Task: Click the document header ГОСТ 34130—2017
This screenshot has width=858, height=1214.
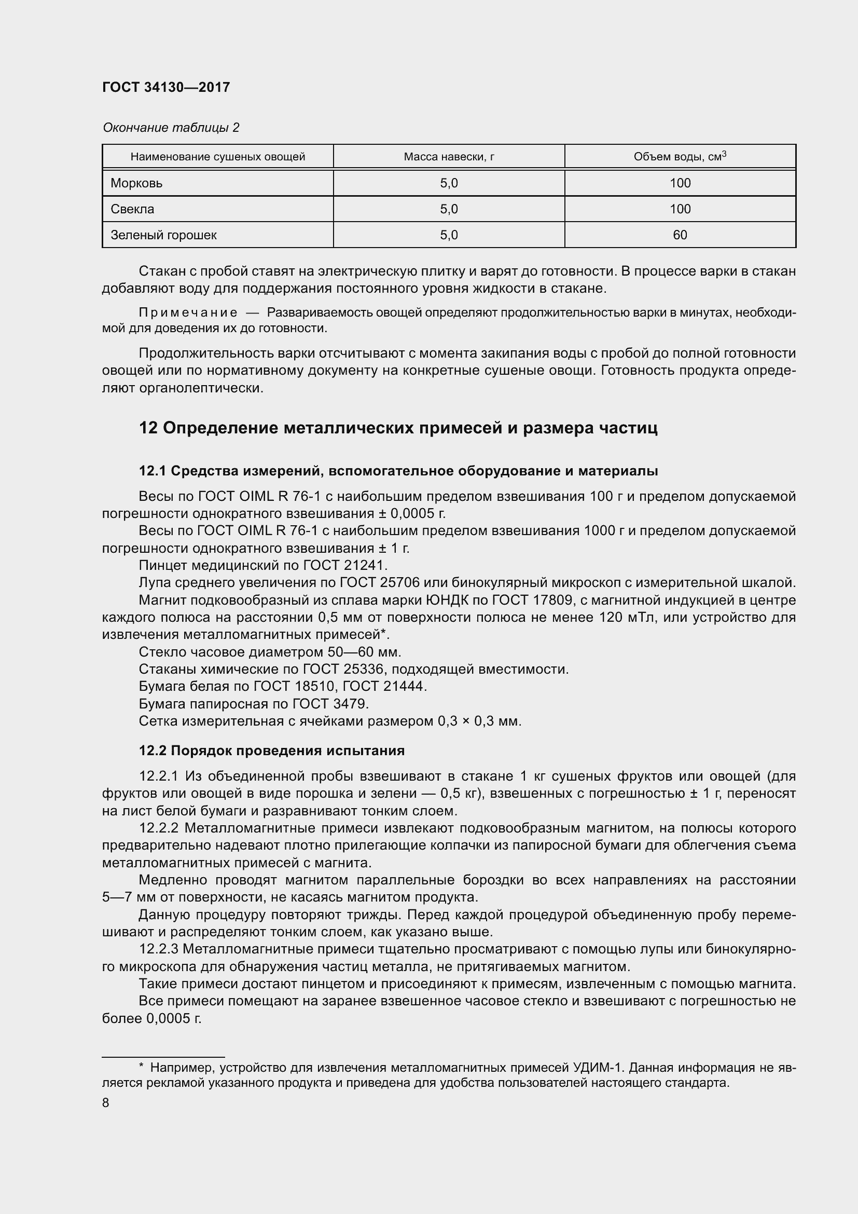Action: click(x=166, y=87)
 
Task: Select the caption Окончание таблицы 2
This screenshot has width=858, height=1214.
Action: click(x=171, y=128)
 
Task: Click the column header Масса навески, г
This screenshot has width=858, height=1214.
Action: click(x=449, y=157)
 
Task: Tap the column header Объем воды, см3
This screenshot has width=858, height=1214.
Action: click(x=680, y=157)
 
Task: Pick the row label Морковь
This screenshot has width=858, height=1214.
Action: click(x=136, y=183)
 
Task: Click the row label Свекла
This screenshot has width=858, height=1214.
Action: click(x=132, y=209)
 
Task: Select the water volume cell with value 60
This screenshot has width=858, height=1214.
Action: click(x=680, y=235)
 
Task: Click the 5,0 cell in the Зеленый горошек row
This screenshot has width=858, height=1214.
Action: click(x=449, y=235)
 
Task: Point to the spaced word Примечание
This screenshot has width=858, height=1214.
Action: click(x=188, y=312)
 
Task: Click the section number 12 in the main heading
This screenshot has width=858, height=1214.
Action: click(x=148, y=428)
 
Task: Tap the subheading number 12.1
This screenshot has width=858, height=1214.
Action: click(x=152, y=471)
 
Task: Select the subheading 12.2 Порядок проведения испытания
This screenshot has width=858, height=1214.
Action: click(x=271, y=751)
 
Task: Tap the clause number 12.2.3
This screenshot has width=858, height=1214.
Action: click(x=159, y=949)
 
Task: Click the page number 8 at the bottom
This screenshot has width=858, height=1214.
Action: click(x=106, y=1102)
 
